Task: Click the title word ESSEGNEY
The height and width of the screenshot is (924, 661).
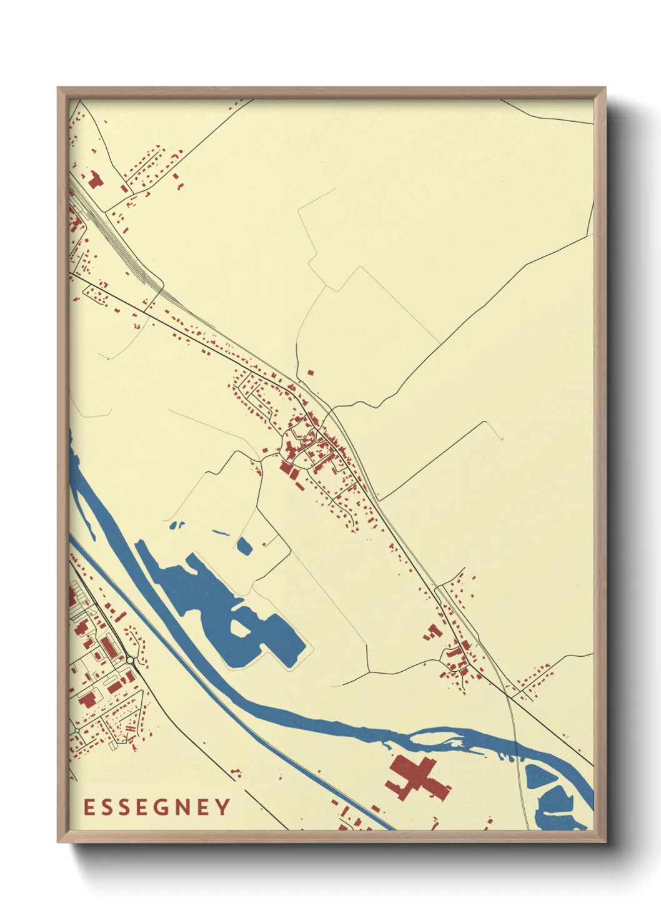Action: click(157, 807)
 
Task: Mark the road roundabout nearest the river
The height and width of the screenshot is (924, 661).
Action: click(130, 659)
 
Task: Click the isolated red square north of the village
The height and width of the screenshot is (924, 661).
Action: click(311, 373)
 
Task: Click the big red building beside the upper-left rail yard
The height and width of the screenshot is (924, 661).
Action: click(95, 180)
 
